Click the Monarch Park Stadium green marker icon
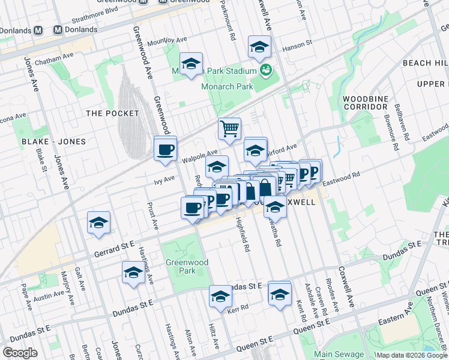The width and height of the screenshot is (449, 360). pyautogui.click(x=266, y=71)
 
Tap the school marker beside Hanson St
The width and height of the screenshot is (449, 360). pyautogui.click(x=259, y=47)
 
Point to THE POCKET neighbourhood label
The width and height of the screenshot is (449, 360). pyautogui.click(x=112, y=113)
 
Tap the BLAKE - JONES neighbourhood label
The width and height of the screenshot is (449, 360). pyautogui.click(x=53, y=142)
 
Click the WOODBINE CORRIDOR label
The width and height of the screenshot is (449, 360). pyautogui.click(x=365, y=102)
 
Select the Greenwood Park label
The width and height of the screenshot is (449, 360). pyautogui.click(x=187, y=266)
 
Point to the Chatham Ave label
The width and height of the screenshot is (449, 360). pyautogui.click(x=53, y=61)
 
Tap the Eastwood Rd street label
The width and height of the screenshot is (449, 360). pyautogui.click(x=340, y=178)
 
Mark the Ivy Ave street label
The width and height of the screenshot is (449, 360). pyautogui.click(x=164, y=178)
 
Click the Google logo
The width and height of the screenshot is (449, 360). pyautogui.click(x=20, y=353)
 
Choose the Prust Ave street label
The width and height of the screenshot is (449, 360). pyautogui.click(x=152, y=217)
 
